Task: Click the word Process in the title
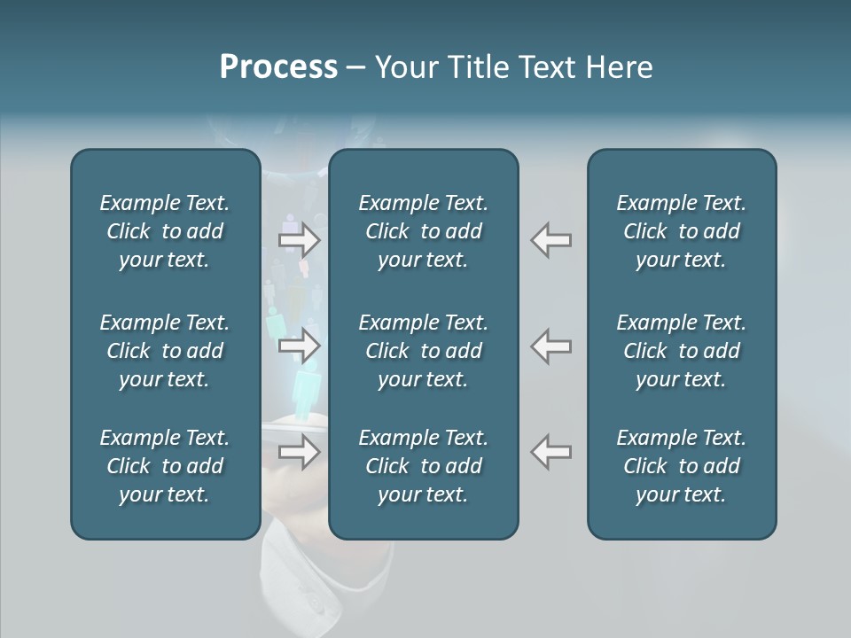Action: [278, 67]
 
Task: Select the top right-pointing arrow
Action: [300, 239]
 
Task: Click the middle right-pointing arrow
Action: [300, 346]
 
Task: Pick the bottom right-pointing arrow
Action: [300, 452]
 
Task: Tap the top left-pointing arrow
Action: [551, 239]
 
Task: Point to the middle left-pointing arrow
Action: [551, 346]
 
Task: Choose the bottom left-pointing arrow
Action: [551, 452]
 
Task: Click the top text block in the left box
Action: [165, 231]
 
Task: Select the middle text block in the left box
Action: [165, 351]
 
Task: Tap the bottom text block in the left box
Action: [165, 466]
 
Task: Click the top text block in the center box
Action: [424, 231]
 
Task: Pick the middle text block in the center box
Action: [424, 351]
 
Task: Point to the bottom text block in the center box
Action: [424, 466]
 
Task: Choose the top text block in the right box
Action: [682, 231]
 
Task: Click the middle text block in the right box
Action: [682, 351]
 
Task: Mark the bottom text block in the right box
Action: [682, 466]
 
